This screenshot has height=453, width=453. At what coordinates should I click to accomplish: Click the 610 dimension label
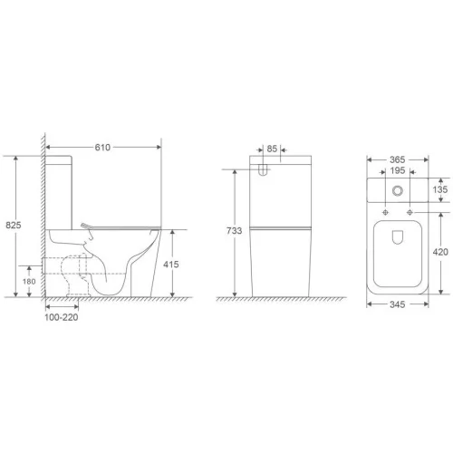click(x=102, y=148)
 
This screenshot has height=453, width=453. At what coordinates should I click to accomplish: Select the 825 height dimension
click(x=14, y=225)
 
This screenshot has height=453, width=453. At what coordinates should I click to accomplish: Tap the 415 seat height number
click(x=171, y=265)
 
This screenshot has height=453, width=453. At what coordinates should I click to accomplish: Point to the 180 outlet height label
click(x=29, y=282)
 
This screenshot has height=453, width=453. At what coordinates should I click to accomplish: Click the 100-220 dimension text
click(x=62, y=317)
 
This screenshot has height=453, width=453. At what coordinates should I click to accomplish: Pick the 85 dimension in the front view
click(x=272, y=149)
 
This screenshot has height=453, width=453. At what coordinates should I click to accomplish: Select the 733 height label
click(x=235, y=231)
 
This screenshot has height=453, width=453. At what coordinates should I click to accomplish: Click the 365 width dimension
click(x=397, y=159)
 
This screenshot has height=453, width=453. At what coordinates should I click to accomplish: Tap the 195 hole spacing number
click(x=398, y=170)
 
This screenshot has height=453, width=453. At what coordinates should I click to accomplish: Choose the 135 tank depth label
click(x=440, y=189)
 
